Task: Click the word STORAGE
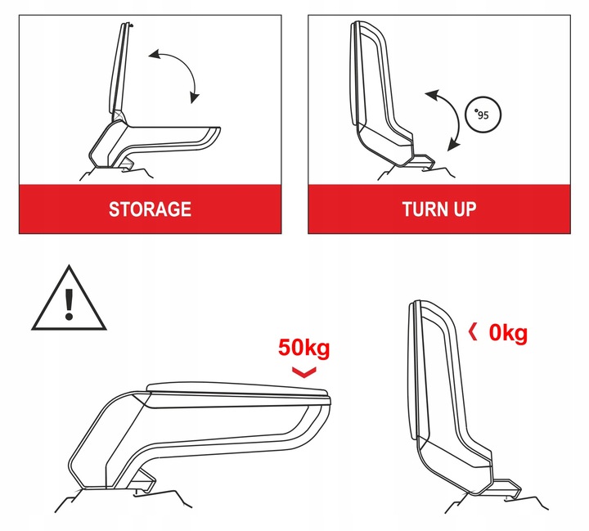coord(150,209)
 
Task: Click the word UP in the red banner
coord(462,209)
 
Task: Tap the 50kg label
coord(303,348)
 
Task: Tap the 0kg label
coord(508,333)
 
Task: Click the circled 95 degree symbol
coord(480,115)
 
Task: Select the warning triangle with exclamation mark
coord(70,300)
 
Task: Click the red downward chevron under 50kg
coord(303,373)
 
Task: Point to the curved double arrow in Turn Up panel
coord(442,120)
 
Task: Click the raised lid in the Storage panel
coord(120,70)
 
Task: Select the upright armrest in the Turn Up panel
coord(376,90)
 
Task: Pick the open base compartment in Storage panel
coord(155,139)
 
